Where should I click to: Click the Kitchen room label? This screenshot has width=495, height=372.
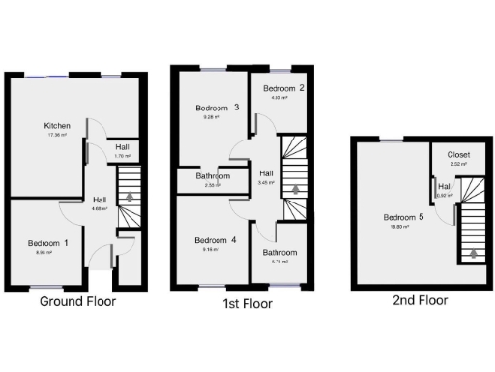click(56, 126)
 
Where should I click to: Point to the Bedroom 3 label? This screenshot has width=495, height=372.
click(217, 108)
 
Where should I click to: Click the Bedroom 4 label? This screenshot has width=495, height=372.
click(215, 240)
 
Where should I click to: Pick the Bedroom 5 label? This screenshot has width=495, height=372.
click(403, 217)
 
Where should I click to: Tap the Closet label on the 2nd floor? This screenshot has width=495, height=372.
click(458, 155)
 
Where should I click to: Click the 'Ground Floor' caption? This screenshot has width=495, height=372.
click(77, 301)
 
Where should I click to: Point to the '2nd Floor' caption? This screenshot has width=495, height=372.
click(421, 300)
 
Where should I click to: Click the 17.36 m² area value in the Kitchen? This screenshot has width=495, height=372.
click(56, 135)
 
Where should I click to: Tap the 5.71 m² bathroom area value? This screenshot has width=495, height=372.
click(281, 262)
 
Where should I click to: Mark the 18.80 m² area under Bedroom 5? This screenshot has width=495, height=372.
click(403, 227)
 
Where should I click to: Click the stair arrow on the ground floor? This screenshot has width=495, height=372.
click(128, 197)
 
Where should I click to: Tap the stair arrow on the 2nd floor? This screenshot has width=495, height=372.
click(473, 256)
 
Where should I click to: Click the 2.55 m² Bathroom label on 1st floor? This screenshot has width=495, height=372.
click(213, 177)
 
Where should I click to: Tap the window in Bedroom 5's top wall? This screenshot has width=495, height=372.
click(392, 141)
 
